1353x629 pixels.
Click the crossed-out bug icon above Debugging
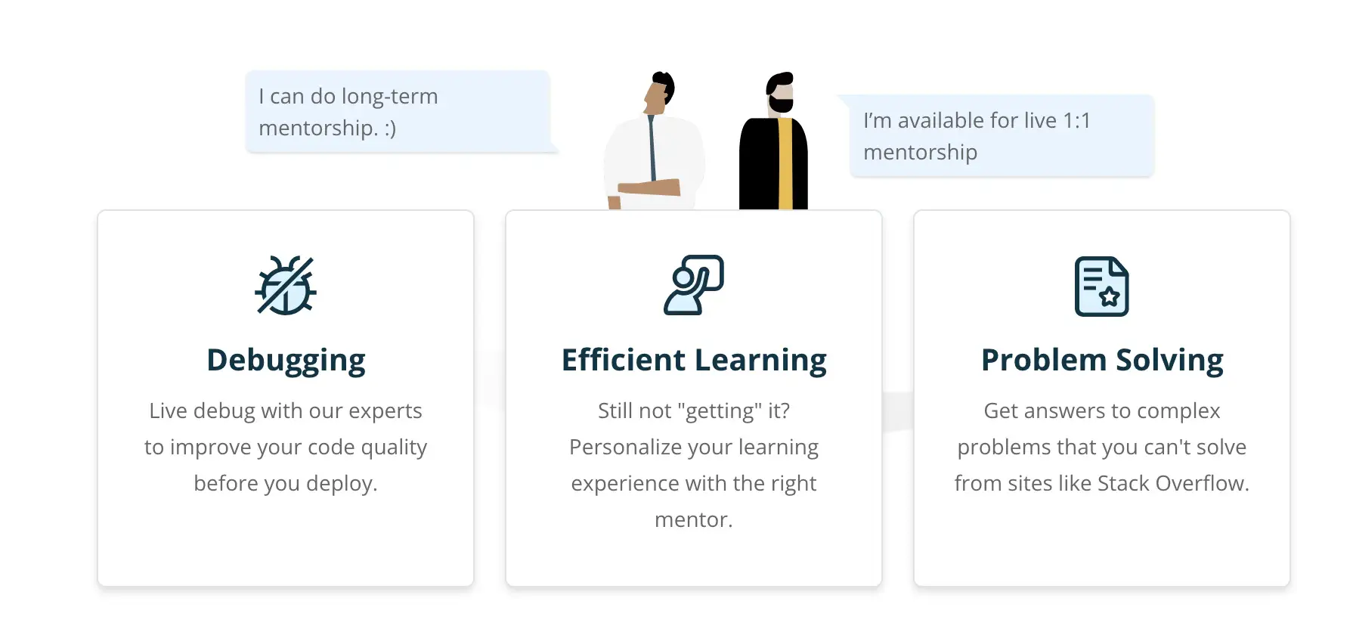click(x=286, y=286)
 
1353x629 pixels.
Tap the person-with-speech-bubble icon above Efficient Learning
click(x=694, y=285)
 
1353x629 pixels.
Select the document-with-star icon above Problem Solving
click(x=1102, y=287)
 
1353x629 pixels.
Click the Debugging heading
click(x=286, y=361)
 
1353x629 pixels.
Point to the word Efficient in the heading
click(x=624, y=360)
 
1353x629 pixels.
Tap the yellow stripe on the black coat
click(x=785, y=163)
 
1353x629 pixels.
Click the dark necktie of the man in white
click(x=652, y=147)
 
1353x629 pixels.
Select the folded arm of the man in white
click(x=649, y=187)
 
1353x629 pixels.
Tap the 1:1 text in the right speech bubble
click(x=1076, y=121)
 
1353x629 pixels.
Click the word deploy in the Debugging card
click(x=341, y=484)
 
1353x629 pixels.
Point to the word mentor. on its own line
click(x=694, y=520)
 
